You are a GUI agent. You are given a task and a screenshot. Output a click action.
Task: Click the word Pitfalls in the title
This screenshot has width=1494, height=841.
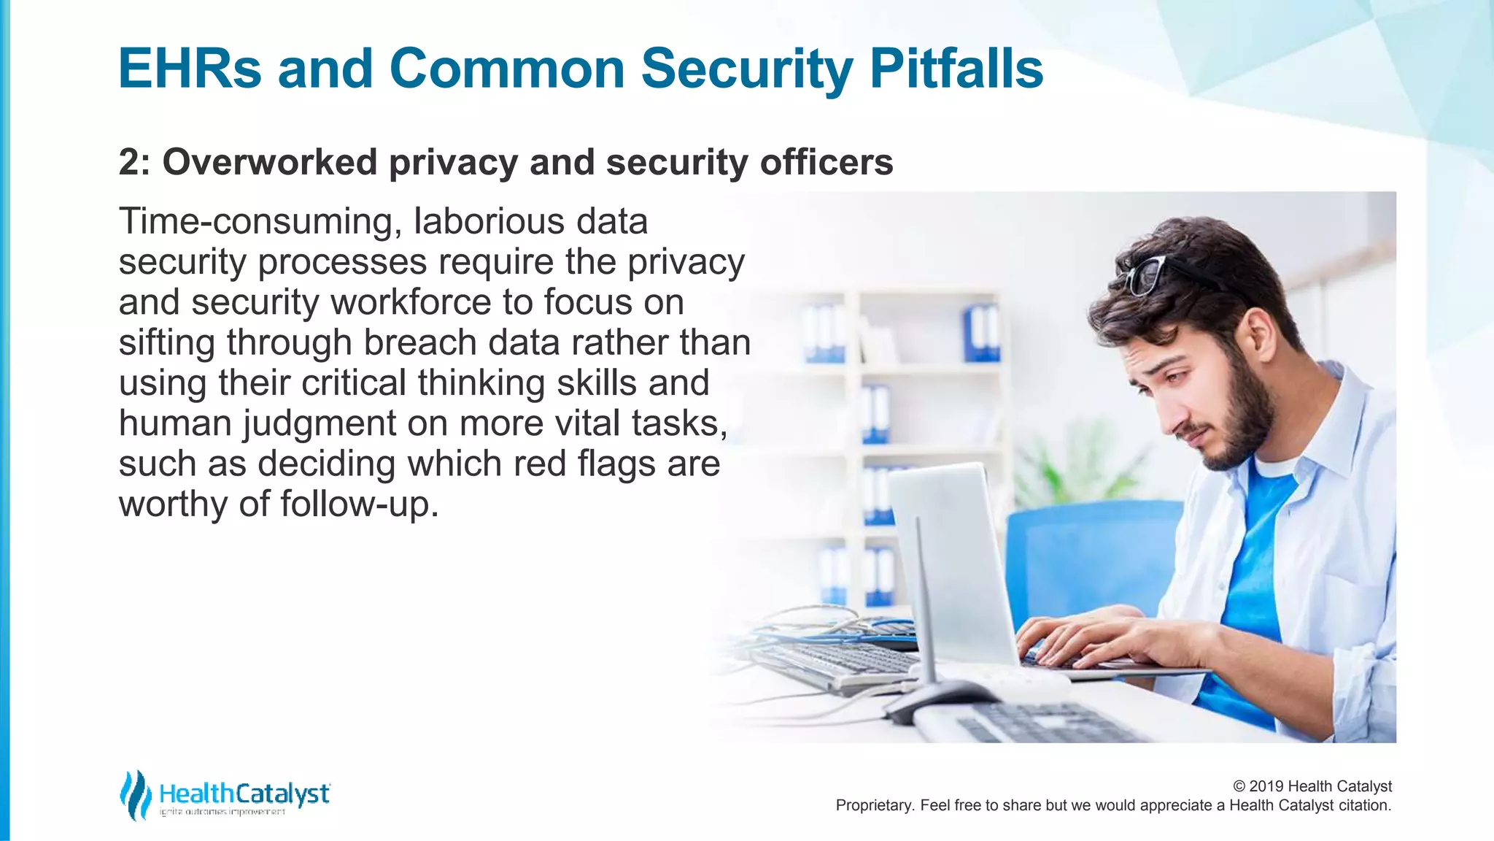pos(956,69)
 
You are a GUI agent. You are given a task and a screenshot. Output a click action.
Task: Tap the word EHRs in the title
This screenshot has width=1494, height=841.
pos(190,69)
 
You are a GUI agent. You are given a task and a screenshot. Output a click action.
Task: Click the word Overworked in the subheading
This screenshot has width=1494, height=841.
pos(270,162)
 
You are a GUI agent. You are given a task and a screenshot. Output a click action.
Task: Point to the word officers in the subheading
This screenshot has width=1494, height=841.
pos(827,162)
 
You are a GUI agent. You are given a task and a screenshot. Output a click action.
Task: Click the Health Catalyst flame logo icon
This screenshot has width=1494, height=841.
pos(135,795)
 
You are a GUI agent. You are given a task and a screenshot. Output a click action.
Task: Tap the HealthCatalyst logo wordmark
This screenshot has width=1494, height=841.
pos(244,794)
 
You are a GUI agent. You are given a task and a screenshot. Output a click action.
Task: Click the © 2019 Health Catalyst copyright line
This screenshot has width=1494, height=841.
pos(1312,786)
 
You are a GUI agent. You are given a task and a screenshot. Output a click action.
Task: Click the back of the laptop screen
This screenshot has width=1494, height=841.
pos(952,562)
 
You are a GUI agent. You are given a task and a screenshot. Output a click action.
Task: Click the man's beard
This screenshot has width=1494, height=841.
pos(1240,416)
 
